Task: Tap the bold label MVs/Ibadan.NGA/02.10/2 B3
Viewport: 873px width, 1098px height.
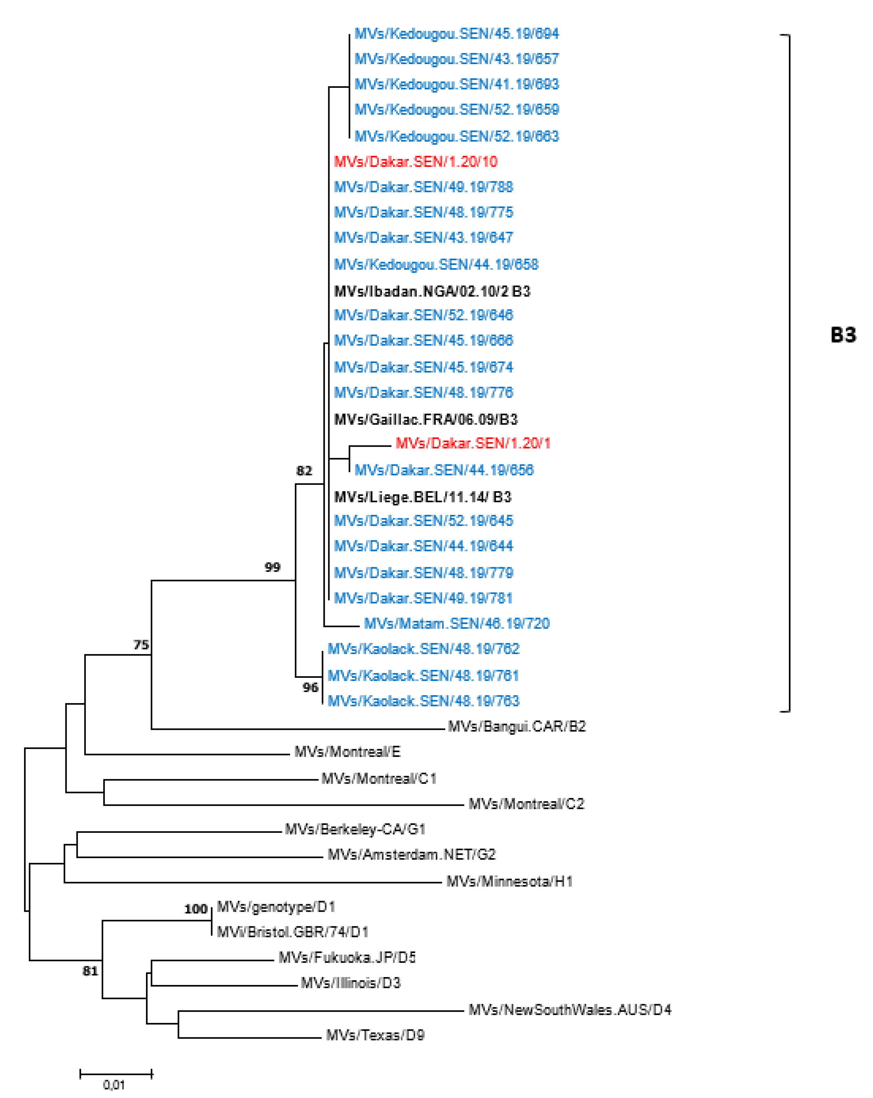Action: tap(432, 291)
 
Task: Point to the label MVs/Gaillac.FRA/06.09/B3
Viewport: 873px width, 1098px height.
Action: tap(426, 420)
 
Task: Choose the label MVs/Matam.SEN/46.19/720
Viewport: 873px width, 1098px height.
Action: tap(457, 624)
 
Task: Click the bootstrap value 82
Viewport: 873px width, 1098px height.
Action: tap(304, 471)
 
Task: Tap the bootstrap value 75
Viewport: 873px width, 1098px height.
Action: tap(141, 645)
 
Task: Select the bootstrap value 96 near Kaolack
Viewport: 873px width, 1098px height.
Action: tap(310, 688)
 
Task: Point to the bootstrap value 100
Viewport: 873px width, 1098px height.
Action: tap(195, 909)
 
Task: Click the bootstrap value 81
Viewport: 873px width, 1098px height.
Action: tap(90, 971)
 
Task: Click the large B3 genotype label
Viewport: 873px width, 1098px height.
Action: tap(843, 335)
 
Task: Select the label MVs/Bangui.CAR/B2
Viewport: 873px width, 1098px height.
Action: tap(517, 727)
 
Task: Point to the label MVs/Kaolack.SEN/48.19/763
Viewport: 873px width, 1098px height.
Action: tap(423, 701)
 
